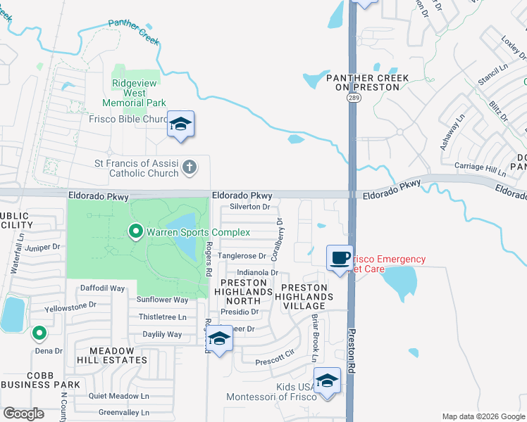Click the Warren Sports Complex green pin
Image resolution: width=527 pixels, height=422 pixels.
pos(135,231)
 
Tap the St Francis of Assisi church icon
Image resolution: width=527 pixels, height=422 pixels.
pos(189,167)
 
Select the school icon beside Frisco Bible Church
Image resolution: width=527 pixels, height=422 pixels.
pos(181,124)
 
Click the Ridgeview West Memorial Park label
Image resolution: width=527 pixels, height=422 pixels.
pos(138,93)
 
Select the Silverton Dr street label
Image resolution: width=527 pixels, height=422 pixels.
pos(250,207)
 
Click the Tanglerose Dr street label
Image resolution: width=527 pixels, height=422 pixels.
pos(241,256)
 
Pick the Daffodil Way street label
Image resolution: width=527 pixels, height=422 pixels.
pos(102,288)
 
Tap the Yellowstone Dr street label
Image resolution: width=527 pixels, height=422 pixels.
pos(70,306)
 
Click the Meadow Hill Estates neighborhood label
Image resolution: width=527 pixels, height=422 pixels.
pos(108,359)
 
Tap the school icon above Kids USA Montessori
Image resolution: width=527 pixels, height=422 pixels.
pos(327,381)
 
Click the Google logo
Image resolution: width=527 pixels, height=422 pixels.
pos(23,414)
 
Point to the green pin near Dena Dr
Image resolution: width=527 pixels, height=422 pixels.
pos(40,332)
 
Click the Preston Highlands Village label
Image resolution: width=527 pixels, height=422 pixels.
pos(304,297)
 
